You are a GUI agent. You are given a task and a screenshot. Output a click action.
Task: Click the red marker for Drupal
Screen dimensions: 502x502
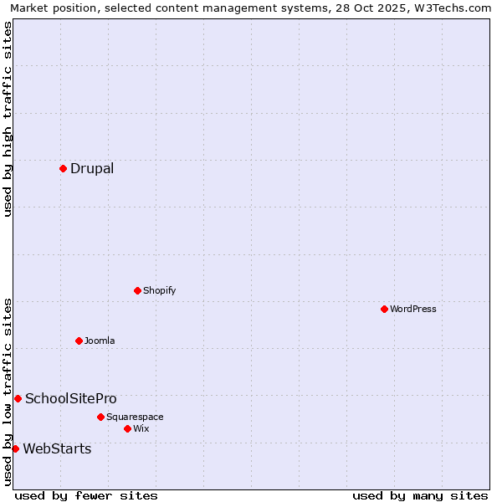click(63, 168)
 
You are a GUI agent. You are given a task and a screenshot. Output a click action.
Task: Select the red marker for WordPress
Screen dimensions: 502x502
click(384, 309)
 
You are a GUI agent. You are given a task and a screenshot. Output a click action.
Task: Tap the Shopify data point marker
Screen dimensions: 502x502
click(137, 290)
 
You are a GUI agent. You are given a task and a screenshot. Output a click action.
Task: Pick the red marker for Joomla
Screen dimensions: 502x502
click(79, 341)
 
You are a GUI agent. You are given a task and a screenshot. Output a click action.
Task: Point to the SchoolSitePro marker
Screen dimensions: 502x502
click(18, 398)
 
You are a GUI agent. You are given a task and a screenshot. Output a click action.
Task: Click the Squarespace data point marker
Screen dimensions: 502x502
click(100, 417)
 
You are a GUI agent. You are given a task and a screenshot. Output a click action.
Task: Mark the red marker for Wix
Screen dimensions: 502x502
click(127, 428)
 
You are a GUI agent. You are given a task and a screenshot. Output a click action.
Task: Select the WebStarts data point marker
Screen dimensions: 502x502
click(15, 448)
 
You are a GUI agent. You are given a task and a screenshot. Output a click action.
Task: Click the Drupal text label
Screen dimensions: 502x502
click(92, 168)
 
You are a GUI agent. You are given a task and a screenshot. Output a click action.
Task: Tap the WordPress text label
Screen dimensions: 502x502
click(413, 309)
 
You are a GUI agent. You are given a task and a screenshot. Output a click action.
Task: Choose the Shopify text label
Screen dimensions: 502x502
click(159, 290)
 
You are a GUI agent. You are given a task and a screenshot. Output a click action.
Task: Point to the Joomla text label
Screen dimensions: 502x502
click(100, 341)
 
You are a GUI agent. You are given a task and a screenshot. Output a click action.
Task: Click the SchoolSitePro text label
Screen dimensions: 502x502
click(71, 398)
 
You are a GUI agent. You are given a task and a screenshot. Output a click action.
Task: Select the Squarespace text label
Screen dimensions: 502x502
click(135, 417)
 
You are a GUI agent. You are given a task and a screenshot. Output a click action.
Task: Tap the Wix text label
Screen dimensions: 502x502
click(141, 428)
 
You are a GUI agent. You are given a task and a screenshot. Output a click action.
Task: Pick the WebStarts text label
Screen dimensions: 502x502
click(57, 448)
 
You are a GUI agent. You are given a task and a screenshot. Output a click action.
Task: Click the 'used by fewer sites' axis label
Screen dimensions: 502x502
click(86, 495)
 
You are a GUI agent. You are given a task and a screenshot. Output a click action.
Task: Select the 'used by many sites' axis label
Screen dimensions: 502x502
click(420, 495)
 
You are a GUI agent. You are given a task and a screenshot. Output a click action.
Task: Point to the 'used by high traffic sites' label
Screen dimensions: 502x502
click(8, 119)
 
